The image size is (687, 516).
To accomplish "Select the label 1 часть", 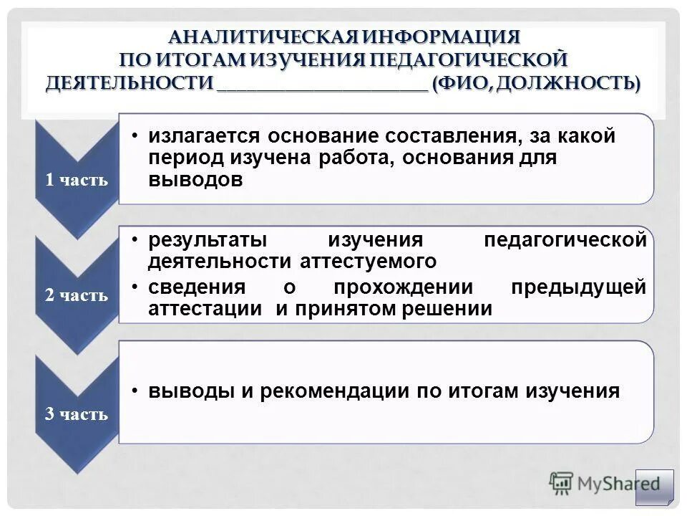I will pyautogui.click(x=77, y=179).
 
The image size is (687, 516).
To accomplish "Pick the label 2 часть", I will pyautogui.click(x=77, y=295).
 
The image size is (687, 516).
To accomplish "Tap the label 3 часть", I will pyautogui.click(x=77, y=414).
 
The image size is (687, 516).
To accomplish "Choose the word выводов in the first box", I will pyautogui.click(x=195, y=180).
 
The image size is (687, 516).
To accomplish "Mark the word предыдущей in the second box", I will pyautogui.click(x=578, y=287).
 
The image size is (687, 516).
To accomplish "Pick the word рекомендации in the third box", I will pyautogui.click(x=336, y=391).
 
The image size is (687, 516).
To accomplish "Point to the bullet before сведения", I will pyautogui.click(x=135, y=287).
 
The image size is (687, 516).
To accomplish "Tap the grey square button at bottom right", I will pyautogui.click(x=655, y=487).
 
